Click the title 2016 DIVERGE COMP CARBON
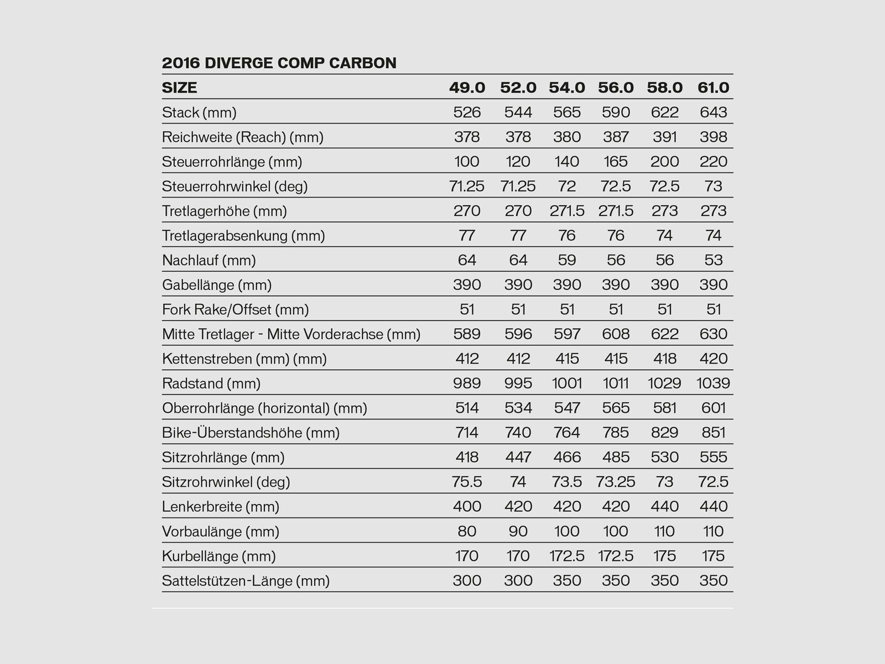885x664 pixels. (279, 63)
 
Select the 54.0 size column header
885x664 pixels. (567, 88)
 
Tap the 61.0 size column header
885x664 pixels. (713, 88)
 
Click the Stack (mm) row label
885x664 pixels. (199, 113)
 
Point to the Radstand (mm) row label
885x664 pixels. (211, 383)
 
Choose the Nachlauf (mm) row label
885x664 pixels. (209, 260)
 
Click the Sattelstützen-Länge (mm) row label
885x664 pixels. (246, 581)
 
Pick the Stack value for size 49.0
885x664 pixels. (467, 113)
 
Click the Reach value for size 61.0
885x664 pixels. (713, 137)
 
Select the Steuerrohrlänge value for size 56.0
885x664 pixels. (616, 162)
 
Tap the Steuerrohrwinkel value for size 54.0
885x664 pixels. (567, 186)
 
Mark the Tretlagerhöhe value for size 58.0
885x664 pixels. (664, 211)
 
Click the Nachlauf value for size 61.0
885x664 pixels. (713, 260)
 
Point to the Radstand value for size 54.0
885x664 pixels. (567, 383)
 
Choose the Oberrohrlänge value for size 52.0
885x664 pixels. (518, 408)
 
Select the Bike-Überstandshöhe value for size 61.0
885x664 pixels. (713, 433)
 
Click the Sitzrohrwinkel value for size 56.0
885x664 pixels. (616, 482)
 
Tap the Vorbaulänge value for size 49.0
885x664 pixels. (467, 532)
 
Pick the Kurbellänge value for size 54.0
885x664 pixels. (567, 556)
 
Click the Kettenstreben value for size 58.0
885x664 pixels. (664, 359)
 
